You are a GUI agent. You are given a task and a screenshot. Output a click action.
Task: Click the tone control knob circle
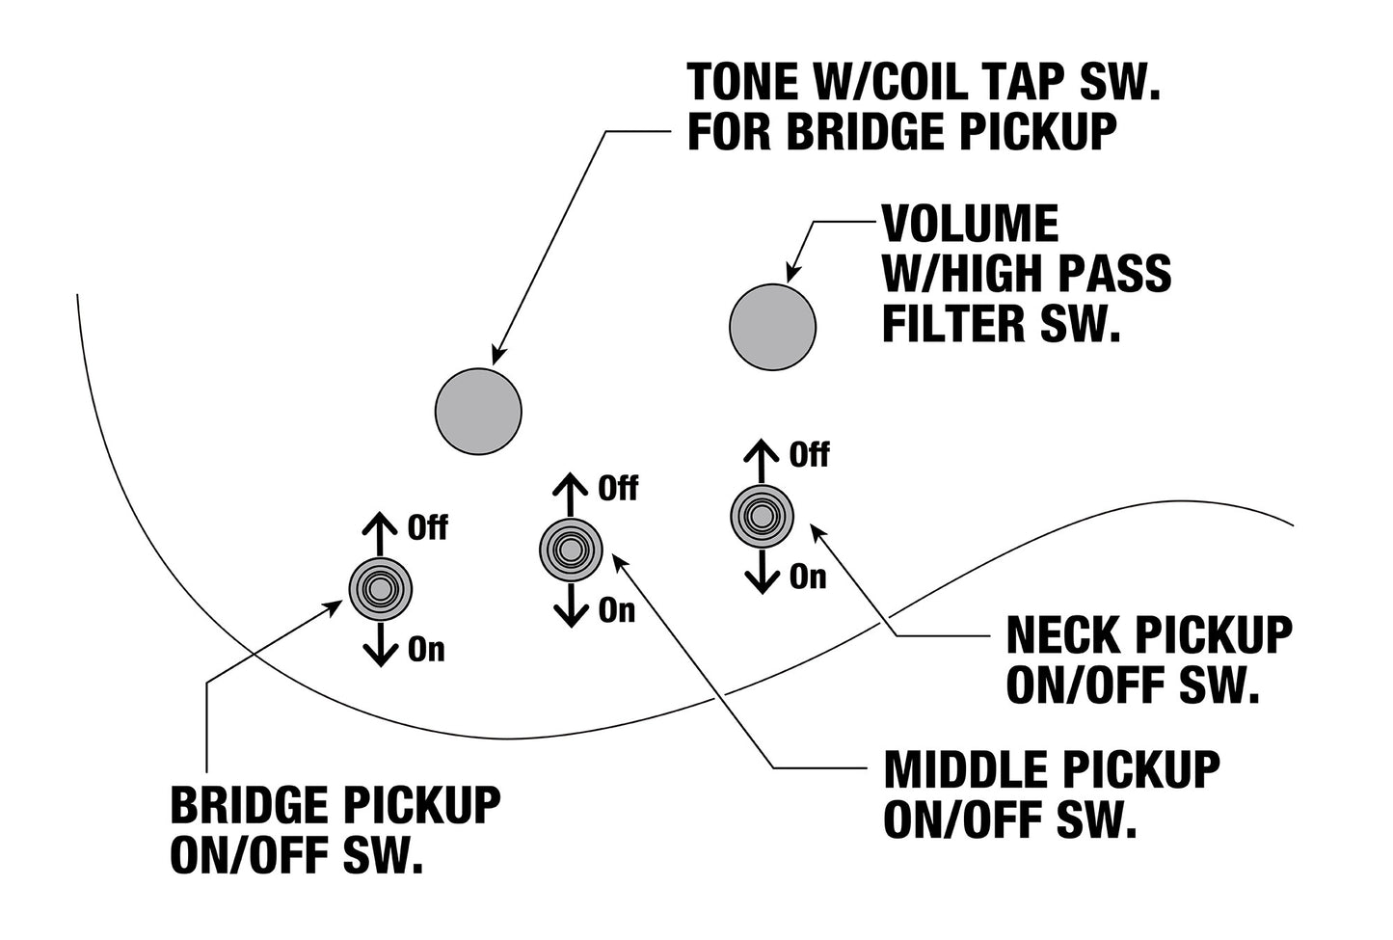(x=478, y=412)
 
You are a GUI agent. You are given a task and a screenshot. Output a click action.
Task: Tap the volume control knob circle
(x=772, y=327)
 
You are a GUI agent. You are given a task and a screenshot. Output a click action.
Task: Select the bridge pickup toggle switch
(x=381, y=589)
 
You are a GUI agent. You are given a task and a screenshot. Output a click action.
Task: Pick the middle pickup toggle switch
(x=571, y=550)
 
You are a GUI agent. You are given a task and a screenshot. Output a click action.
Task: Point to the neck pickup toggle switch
(x=762, y=517)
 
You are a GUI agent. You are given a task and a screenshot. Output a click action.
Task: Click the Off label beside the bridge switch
(x=427, y=527)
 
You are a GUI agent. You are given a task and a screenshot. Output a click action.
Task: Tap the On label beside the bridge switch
(x=426, y=650)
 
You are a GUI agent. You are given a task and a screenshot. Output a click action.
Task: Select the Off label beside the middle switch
(x=618, y=489)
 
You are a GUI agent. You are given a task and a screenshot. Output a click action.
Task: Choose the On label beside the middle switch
(x=616, y=610)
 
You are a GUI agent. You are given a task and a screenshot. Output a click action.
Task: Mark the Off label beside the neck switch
(x=809, y=455)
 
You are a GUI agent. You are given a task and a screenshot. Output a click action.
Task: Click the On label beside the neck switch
(x=808, y=577)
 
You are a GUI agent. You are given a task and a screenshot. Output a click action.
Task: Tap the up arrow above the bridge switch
(x=380, y=534)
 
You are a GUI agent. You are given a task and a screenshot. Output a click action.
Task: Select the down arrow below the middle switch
(x=571, y=604)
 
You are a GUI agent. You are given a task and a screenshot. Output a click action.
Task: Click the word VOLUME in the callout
(x=970, y=224)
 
